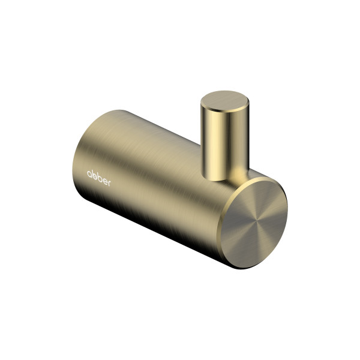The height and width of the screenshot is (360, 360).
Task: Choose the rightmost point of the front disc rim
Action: coord(287,208)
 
